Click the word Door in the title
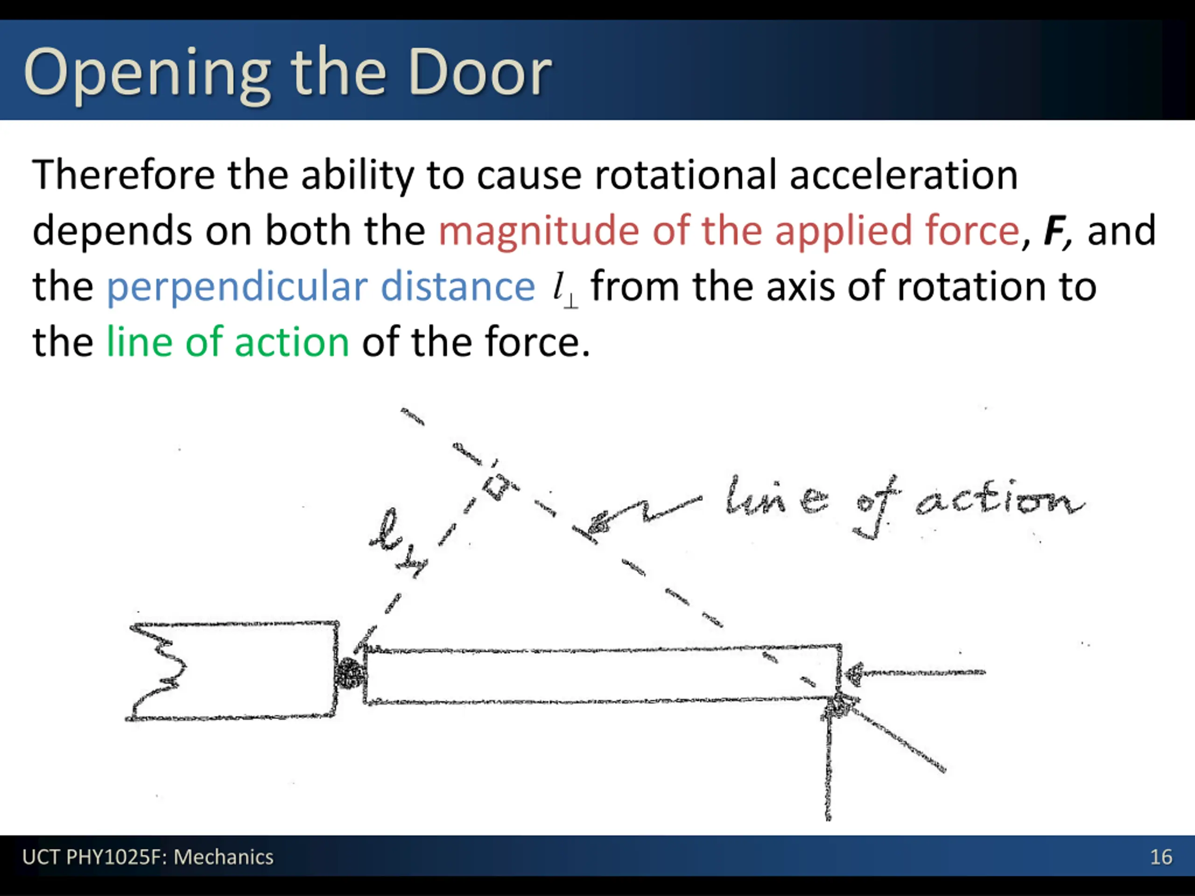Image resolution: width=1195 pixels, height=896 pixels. click(x=479, y=72)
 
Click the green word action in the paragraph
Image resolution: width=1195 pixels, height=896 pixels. click(x=292, y=343)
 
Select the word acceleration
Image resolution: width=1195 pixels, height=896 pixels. click(x=903, y=175)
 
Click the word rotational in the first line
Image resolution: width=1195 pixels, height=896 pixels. click(x=685, y=175)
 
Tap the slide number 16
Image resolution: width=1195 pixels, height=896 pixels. click(x=1160, y=857)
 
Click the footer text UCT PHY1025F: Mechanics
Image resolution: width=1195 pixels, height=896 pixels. click(x=148, y=857)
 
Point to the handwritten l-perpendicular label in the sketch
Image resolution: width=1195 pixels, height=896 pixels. click(x=397, y=543)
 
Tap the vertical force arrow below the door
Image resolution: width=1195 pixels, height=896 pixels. click(x=829, y=767)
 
